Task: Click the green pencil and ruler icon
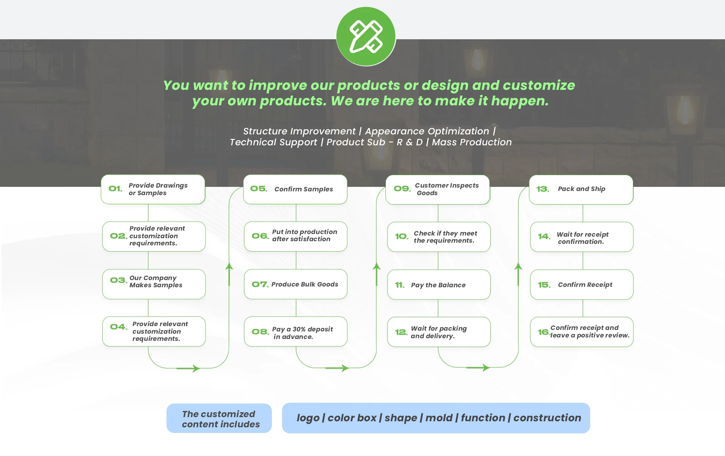[x=366, y=37]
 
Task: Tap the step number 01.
[x=115, y=189]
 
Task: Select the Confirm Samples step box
[x=295, y=189]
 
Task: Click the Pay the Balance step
[x=438, y=285]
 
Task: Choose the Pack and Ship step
[x=581, y=189]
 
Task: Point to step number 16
[x=543, y=332]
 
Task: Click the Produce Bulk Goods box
[x=295, y=284]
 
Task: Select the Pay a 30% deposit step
[x=295, y=332]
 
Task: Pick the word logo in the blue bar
[x=308, y=418]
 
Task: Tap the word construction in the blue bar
[x=547, y=418]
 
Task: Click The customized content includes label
[x=219, y=419]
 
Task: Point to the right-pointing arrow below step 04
[x=188, y=368]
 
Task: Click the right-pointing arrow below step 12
[x=478, y=368]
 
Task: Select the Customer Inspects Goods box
[x=438, y=189]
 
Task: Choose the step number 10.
[x=401, y=237]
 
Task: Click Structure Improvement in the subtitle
[x=299, y=131]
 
